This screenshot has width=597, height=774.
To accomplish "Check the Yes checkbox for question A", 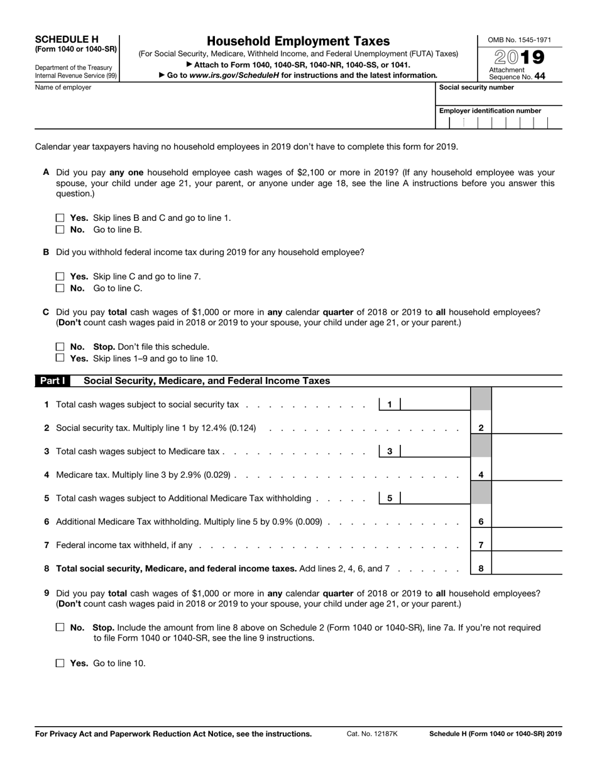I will point(60,218).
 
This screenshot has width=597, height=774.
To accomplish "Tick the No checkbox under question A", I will point(60,230).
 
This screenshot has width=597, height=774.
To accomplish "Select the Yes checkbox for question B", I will point(60,276).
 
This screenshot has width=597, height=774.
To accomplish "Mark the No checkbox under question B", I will point(60,288).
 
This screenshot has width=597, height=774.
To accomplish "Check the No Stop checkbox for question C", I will point(60,347).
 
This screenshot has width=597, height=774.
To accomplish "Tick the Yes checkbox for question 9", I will point(60,663).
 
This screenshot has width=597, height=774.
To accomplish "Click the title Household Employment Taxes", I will point(298,41).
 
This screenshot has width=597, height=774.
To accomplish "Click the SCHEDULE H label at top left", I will point(67,39).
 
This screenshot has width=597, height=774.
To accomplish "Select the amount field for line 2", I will point(527,428).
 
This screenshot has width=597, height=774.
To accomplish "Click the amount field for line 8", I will point(527,568).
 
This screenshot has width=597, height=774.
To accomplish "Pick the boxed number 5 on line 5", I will point(390,498).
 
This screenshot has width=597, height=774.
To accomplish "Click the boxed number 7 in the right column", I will point(481,545).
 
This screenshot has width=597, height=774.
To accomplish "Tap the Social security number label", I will point(476,87).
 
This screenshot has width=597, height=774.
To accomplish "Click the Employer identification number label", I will point(490,111).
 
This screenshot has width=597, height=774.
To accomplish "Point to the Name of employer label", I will point(63,87).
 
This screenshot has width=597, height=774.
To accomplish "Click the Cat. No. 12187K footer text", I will point(372,734).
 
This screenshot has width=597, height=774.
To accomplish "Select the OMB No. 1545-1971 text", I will point(520,40).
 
